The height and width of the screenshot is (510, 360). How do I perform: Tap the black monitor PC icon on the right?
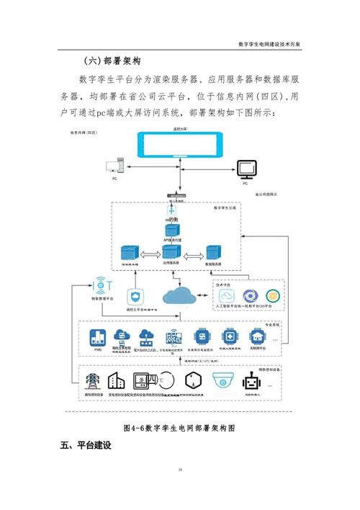coord(246,170)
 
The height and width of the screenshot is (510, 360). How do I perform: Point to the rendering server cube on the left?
coord(130,255)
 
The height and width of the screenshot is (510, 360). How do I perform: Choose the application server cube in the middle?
coord(171,254)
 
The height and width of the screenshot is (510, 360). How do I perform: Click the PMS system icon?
coord(97,337)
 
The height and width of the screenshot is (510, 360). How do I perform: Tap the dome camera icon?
coord(220,380)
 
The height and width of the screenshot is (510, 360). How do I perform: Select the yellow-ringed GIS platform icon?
coord(272,296)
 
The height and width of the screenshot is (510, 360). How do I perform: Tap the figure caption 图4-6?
coord(179,427)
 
